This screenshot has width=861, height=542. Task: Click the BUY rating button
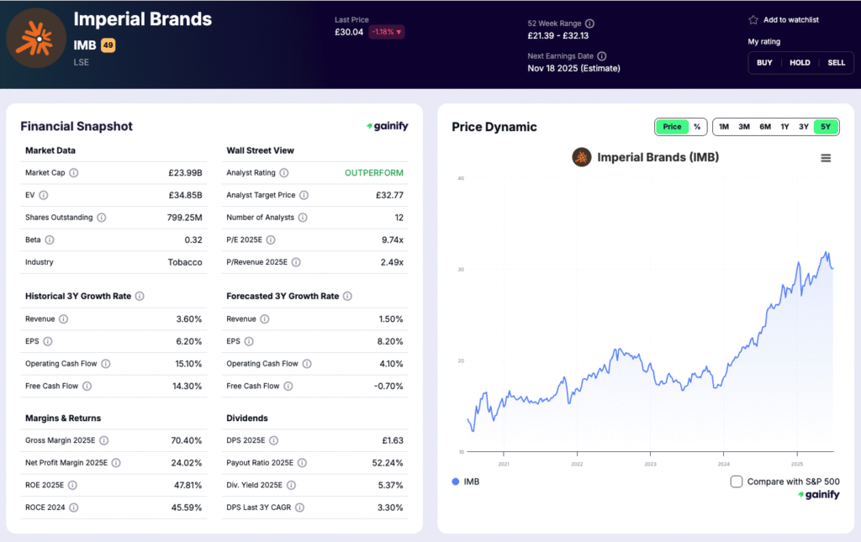pos(764,62)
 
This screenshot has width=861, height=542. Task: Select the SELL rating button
pos(836,62)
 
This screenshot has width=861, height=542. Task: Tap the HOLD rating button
pos(800,62)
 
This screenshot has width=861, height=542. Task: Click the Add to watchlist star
pos(753,20)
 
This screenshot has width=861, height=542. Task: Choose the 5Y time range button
pos(826,127)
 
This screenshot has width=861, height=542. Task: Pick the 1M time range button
pos(724,127)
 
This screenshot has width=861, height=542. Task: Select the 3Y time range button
pos(804,127)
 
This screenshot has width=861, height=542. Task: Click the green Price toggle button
pos(672,127)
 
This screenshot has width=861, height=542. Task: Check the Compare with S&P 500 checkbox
pos(737,481)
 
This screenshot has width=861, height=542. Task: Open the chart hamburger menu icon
pos(826,158)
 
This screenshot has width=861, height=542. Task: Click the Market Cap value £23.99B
pos(185,173)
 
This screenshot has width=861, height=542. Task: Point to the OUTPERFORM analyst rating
pos(373,173)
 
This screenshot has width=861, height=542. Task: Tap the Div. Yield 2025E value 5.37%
pos(388,486)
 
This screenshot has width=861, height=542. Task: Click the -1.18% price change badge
pos(386,32)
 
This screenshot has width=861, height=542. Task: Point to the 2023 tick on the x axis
pos(650,464)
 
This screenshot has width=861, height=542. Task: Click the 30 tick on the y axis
pos(461,270)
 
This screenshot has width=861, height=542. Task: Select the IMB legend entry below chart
pos(466,481)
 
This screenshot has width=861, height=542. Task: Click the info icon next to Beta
pos(50,240)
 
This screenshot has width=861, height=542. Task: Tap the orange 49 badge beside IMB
pos(108,45)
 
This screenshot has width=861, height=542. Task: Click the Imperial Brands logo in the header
pos(35,38)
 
